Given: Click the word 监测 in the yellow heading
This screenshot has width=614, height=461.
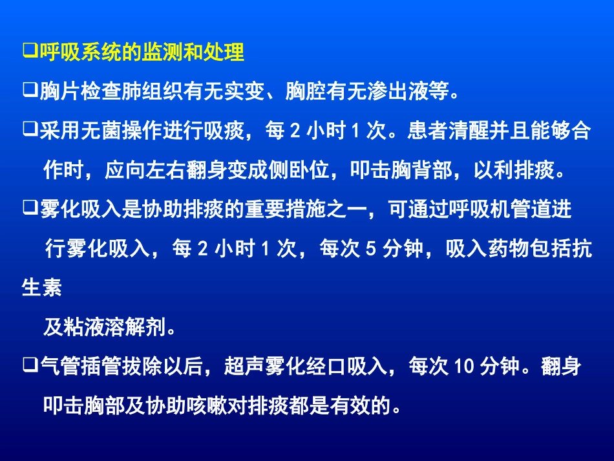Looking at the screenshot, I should tap(164, 52).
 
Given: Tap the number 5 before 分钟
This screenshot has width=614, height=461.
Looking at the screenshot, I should tap(370, 250).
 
